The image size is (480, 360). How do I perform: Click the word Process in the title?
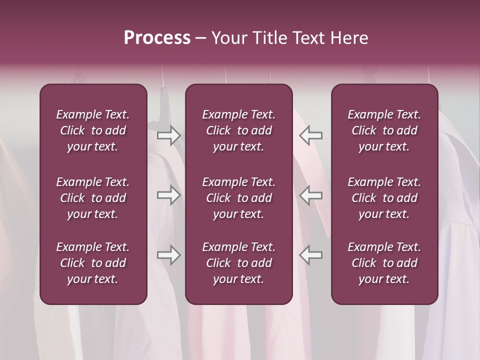tap(157, 37)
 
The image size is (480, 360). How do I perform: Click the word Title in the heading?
tap(269, 37)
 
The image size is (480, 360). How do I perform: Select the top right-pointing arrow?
tap(169, 135)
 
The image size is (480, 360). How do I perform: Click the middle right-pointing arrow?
tap(169, 195)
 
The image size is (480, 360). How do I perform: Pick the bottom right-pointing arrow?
tap(169, 255)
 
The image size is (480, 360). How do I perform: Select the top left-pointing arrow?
tap(310, 135)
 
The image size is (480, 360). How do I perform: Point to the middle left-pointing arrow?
tap(310, 195)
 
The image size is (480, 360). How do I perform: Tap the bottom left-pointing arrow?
tap(310, 255)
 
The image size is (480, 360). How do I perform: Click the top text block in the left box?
tap(93, 130)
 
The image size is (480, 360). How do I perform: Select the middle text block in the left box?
tap(93, 198)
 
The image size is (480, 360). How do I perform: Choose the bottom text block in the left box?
tap(93, 263)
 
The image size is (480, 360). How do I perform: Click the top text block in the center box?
tap(238, 130)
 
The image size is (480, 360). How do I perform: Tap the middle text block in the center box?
tap(238, 198)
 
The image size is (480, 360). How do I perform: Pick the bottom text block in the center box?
tap(238, 263)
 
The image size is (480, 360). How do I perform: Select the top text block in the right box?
tap(384, 130)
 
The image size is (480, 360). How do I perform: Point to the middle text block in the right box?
tap(384, 198)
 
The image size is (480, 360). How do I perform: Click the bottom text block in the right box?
tap(384, 263)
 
